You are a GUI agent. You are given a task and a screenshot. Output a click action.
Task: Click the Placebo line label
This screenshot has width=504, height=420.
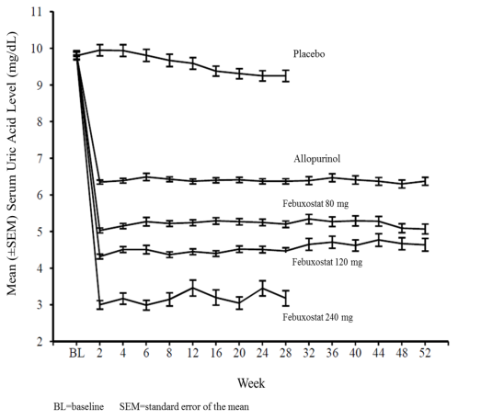click(x=309, y=53)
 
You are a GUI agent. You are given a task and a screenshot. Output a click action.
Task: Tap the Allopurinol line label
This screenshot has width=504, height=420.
click(x=317, y=159)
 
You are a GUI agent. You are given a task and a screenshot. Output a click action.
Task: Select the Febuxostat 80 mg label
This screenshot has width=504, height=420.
click(x=315, y=204)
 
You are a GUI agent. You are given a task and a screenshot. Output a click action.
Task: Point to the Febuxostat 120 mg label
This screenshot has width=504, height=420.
click(x=327, y=262)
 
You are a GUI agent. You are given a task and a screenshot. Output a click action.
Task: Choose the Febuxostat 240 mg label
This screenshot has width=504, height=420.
click(x=318, y=317)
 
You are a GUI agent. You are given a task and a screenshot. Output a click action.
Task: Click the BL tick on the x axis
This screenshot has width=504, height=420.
click(x=77, y=353)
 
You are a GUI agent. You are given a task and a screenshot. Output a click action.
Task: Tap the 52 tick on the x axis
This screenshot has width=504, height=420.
click(x=425, y=353)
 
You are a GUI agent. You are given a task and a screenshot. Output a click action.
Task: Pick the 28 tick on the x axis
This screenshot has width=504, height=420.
click(x=286, y=353)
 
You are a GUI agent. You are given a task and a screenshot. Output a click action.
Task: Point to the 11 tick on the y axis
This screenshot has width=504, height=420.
click(x=37, y=12)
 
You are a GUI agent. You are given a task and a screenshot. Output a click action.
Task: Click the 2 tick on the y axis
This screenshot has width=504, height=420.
click(x=40, y=341)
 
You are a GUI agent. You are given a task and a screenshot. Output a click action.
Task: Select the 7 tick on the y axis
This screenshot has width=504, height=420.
click(x=40, y=158)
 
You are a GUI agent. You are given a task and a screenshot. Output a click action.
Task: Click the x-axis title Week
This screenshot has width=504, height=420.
click(x=251, y=383)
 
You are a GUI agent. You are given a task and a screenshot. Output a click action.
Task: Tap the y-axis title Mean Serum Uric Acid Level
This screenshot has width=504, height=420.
click(x=12, y=164)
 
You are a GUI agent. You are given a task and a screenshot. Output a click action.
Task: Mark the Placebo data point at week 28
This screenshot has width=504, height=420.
click(x=286, y=75)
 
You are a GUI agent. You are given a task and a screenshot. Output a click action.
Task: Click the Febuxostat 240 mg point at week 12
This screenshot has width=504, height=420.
click(x=193, y=288)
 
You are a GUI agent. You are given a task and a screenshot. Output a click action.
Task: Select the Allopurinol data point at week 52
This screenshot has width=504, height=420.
click(x=425, y=181)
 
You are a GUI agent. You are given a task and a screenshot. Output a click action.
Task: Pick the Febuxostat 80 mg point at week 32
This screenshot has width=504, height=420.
click(x=309, y=220)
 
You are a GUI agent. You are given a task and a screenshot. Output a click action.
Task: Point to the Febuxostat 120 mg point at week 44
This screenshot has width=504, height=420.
click(x=379, y=240)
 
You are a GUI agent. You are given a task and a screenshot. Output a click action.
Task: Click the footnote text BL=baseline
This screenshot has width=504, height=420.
click(x=79, y=407)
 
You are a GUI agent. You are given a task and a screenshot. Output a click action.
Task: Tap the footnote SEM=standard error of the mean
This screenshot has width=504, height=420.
click(x=184, y=407)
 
